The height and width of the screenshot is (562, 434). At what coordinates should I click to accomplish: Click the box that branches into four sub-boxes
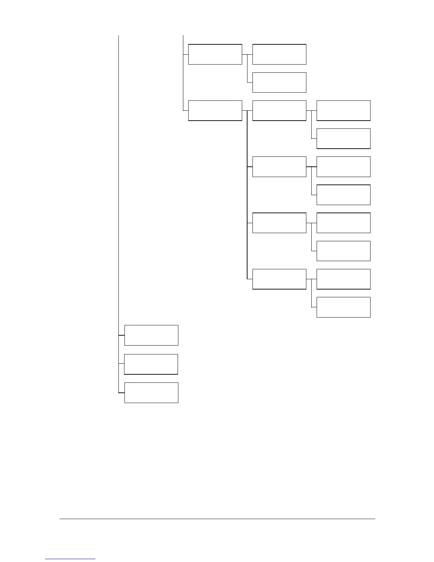[215, 111]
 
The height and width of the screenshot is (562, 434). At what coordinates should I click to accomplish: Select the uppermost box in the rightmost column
[343, 111]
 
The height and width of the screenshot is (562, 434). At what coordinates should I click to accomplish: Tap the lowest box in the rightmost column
[343, 307]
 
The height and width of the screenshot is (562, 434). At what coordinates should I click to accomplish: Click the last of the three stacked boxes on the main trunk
[151, 393]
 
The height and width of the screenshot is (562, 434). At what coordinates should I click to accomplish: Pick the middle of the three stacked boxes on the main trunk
[151, 364]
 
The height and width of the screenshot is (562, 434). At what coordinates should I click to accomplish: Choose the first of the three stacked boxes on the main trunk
[151, 335]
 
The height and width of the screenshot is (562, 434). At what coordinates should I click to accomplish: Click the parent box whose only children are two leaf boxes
[215, 54]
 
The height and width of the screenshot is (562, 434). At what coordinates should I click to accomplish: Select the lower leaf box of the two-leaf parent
[279, 82]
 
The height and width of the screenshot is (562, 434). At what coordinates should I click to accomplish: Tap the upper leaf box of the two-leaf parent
[279, 54]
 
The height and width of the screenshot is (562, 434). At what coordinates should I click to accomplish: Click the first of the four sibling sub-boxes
[279, 111]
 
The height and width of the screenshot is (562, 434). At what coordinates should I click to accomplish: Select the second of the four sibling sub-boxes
[279, 167]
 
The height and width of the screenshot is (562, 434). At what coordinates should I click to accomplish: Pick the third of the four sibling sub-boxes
[279, 223]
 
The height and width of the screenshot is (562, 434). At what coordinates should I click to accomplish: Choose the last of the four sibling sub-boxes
[279, 279]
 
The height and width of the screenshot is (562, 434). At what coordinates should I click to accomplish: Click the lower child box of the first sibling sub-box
[343, 139]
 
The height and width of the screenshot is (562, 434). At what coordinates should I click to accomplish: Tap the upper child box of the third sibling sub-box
[343, 223]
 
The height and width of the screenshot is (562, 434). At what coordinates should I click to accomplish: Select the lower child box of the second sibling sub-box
[343, 195]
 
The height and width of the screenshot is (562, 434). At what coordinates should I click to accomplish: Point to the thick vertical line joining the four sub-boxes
[247, 195]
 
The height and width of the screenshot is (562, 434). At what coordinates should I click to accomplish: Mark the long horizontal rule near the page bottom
[217, 519]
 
